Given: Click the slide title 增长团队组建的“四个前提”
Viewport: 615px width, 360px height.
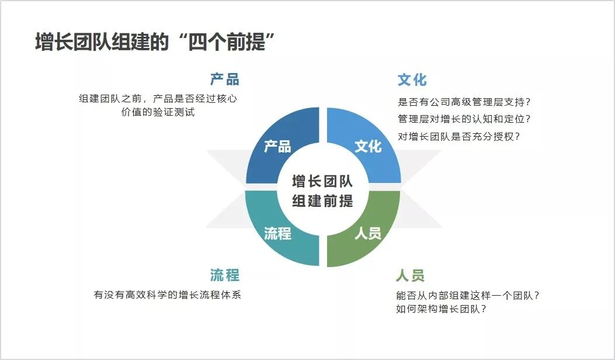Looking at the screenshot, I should click(x=155, y=43).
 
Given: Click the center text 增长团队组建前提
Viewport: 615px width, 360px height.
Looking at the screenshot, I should click(x=322, y=191).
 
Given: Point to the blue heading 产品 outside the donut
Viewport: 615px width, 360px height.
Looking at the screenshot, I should click(x=225, y=79).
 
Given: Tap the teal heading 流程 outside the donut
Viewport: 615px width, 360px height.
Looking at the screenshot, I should click(x=225, y=275).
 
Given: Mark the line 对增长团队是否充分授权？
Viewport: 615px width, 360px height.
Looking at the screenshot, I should click(x=458, y=136).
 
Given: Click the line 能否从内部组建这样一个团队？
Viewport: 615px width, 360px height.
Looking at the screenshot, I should click(x=467, y=295).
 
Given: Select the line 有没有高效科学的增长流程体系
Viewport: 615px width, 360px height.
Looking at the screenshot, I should click(x=167, y=295).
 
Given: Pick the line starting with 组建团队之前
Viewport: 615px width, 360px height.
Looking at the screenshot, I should click(x=158, y=99).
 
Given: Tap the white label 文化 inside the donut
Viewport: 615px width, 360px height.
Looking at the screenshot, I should click(x=368, y=146).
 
